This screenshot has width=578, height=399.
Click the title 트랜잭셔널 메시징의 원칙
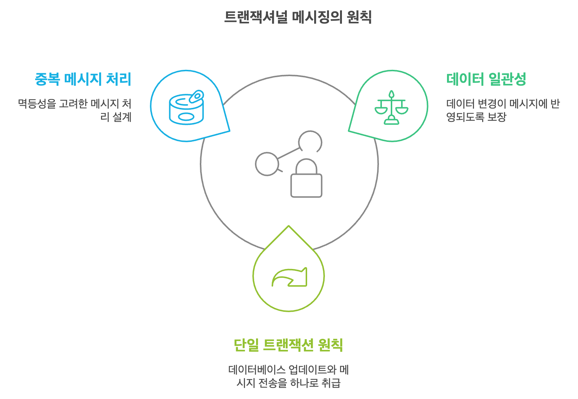pyautogui.click(x=298, y=17)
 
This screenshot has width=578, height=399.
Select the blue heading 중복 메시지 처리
pyautogui.click(x=83, y=79)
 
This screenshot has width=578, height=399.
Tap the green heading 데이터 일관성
pyautogui.click(x=486, y=79)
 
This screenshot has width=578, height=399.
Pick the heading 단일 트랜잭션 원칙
pyautogui.click(x=288, y=345)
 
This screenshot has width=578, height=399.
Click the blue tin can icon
pyautogui.click(x=186, y=107)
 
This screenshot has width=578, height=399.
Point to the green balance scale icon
pyautogui.click(x=391, y=107)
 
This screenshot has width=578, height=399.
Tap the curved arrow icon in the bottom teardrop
pyautogui.click(x=289, y=277)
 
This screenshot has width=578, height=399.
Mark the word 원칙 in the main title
pyautogui.click(x=359, y=17)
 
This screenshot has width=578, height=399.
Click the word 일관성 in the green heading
pyautogui.click(x=507, y=79)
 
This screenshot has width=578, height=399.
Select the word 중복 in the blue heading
pyautogui.click(x=47, y=79)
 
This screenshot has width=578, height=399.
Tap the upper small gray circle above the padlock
pyautogui.click(x=310, y=142)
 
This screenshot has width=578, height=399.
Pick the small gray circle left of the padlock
pyautogui.click(x=267, y=164)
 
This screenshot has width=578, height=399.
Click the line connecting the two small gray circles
pyautogui.click(x=289, y=153)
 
